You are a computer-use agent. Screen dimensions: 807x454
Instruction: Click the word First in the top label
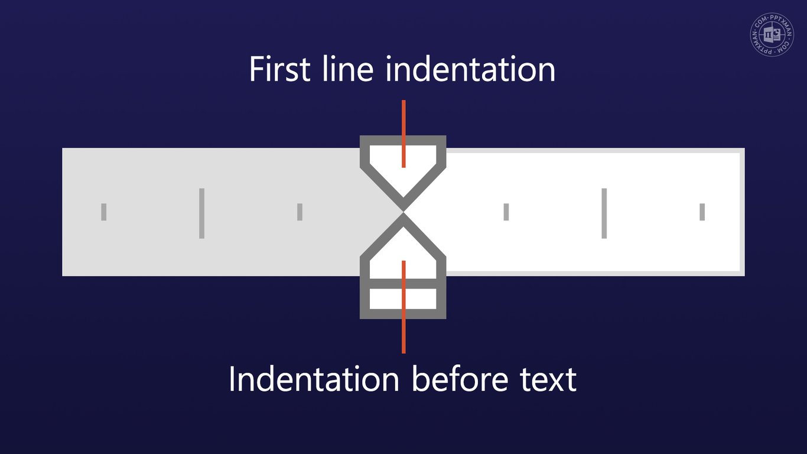point(279,69)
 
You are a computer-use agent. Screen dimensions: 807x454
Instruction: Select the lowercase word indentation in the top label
point(470,69)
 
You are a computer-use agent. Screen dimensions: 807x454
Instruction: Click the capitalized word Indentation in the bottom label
point(314,379)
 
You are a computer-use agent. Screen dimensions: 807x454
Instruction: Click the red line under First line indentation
point(403,118)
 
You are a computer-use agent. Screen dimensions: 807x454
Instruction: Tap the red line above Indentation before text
point(403,337)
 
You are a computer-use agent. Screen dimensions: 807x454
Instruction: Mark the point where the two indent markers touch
point(403,211)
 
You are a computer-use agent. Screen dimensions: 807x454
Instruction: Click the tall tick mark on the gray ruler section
point(201,213)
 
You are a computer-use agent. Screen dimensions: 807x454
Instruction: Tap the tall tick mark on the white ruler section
point(604,213)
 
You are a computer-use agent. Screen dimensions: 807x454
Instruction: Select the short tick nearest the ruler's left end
point(104,212)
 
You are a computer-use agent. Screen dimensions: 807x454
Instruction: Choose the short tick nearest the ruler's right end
point(702,212)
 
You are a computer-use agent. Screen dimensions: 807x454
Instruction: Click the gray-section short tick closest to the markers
point(300,212)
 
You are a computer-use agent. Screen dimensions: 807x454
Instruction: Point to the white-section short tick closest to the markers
point(506,212)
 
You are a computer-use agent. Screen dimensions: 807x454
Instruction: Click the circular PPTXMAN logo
point(773,36)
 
